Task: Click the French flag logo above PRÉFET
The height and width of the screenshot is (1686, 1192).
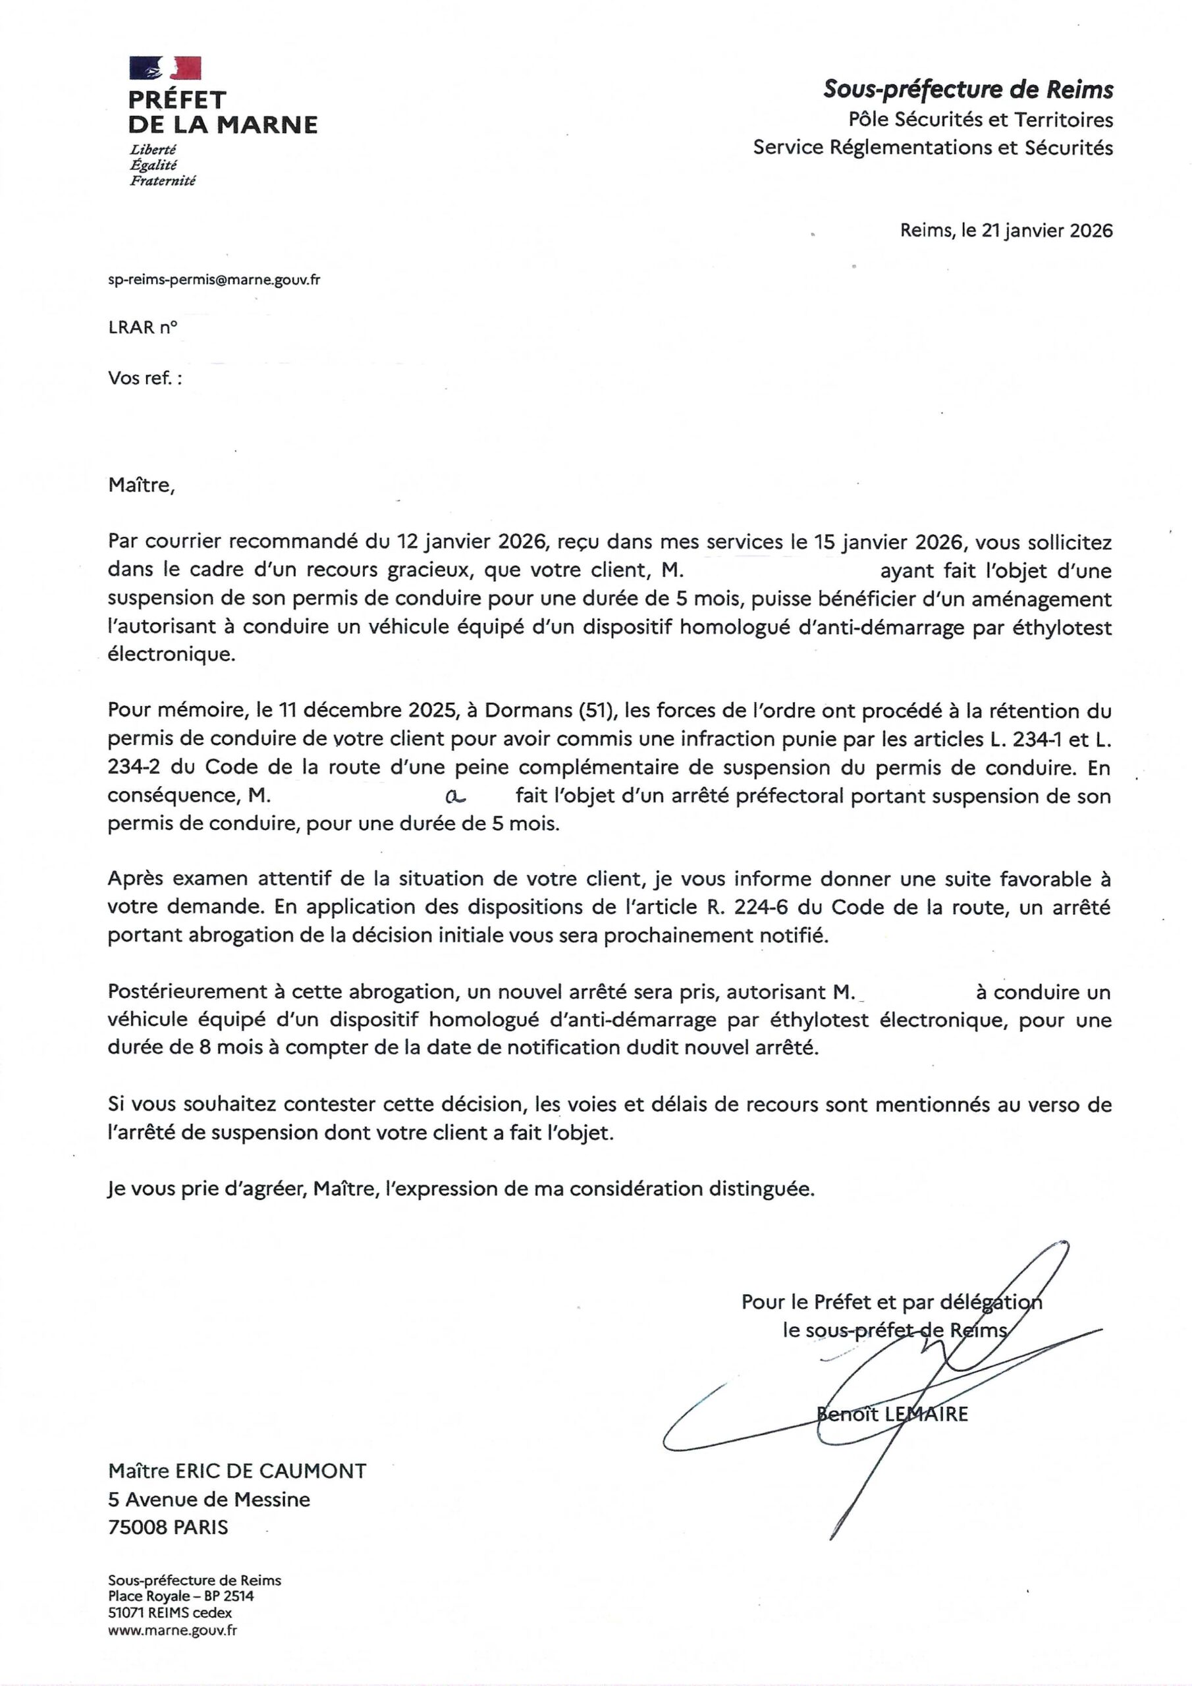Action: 165,68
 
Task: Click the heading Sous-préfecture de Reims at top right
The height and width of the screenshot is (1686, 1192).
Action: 967,90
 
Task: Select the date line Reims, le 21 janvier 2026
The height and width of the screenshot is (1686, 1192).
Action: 1006,231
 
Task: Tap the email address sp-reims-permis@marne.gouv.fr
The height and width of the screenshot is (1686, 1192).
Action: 214,280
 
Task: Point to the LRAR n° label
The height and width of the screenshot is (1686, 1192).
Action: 142,327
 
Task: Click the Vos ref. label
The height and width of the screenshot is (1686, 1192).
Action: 145,378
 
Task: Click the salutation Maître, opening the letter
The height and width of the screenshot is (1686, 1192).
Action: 142,485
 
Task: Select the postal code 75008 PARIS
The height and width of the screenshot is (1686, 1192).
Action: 167,1527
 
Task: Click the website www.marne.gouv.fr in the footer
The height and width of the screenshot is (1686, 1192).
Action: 173,1631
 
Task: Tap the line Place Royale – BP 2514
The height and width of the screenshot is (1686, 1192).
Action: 180,1596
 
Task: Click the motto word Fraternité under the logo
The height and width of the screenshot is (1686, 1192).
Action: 162,180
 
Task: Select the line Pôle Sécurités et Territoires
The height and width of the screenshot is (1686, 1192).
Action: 981,119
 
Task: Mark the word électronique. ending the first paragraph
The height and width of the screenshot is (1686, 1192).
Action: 172,655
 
